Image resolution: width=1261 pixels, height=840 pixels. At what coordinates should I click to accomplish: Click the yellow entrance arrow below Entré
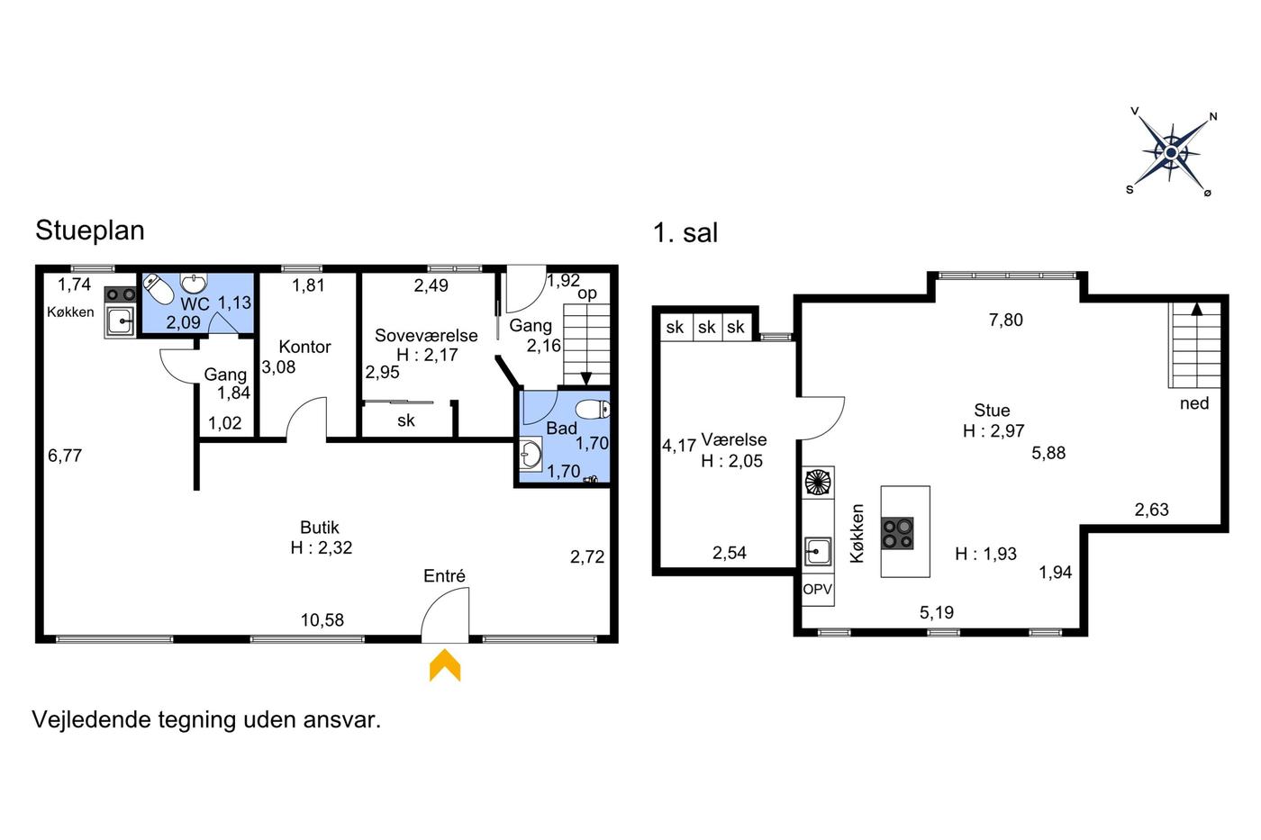pyautogui.click(x=445, y=665)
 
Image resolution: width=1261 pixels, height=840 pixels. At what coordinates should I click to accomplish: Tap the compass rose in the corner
pyautogui.click(x=1172, y=152)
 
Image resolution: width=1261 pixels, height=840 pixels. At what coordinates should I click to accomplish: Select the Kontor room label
pyautogui.click(x=304, y=347)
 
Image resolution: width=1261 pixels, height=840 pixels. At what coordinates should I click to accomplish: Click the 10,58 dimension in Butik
pyautogui.click(x=322, y=620)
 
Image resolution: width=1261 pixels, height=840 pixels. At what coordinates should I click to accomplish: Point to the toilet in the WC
pyautogui.click(x=159, y=289)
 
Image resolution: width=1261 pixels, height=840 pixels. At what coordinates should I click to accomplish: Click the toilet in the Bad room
pyautogui.click(x=593, y=409)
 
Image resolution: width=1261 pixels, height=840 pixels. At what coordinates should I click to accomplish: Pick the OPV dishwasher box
pyautogui.click(x=818, y=590)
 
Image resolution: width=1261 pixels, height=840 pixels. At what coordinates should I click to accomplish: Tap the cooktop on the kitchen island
pyautogui.click(x=897, y=533)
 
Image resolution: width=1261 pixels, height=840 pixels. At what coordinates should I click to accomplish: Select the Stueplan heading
pyautogui.click(x=90, y=230)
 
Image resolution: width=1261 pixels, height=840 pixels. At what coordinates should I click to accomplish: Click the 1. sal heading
pyautogui.click(x=685, y=233)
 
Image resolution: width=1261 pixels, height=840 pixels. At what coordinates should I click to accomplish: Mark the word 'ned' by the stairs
pyautogui.click(x=1194, y=403)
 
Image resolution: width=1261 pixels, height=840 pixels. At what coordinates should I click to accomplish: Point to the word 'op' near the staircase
pyautogui.click(x=587, y=294)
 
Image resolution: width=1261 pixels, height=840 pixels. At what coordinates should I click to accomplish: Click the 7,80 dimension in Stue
pyautogui.click(x=1006, y=321)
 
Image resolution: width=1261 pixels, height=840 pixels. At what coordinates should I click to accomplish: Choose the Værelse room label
pyautogui.click(x=733, y=439)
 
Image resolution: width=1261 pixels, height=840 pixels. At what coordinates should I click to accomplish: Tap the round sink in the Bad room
pyautogui.click(x=531, y=453)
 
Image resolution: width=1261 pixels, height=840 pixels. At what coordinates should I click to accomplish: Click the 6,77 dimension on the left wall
pyautogui.click(x=65, y=456)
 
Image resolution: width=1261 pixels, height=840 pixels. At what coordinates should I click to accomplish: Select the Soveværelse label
pyautogui.click(x=426, y=335)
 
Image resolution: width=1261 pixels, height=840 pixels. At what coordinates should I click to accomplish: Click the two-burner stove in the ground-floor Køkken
pyautogui.click(x=121, y=294)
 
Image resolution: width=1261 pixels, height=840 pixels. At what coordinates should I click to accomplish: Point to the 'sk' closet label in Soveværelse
pyautogui.click(x=406, y=420)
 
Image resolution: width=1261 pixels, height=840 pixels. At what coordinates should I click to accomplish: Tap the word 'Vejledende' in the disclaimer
pyautogui.click(x=91, y=719)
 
